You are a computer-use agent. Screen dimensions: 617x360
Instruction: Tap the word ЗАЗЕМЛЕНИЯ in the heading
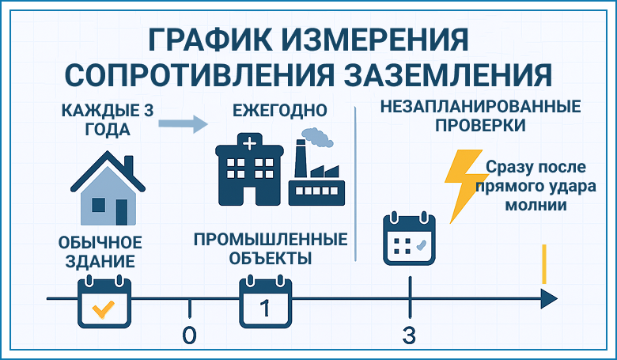(448, 74)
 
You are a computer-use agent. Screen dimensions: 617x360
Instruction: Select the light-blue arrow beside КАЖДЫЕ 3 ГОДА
(183, 124)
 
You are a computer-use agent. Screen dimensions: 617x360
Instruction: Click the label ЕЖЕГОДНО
(280, 110)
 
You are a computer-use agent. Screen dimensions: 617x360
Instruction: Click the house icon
(108, 188)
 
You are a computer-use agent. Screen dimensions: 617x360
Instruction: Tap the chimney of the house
(129, 165)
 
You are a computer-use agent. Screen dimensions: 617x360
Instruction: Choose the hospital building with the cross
(249, 169)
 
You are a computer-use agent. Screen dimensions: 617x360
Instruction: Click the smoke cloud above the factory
(317, 138)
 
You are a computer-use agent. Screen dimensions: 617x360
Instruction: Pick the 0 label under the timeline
(189, 335)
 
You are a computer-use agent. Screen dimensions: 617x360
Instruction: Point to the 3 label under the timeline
(409, 335)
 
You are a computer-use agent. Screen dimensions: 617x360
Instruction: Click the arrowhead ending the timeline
(549, 298)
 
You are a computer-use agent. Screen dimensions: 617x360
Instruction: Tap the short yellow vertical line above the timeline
(544, 264)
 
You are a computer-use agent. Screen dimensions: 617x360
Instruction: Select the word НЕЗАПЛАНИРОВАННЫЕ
(480, 107)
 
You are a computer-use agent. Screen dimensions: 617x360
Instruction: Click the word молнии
(536, 205)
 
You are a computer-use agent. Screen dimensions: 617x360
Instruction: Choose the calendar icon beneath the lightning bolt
(409, 239)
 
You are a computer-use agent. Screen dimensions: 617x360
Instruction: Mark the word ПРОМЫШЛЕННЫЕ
(271, 239)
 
